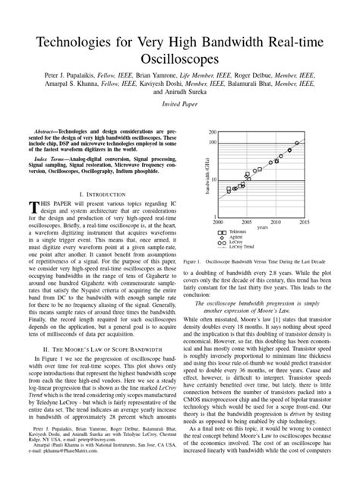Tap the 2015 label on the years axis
[x=304, y=222]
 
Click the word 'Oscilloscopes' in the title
[x=179, y=58]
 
